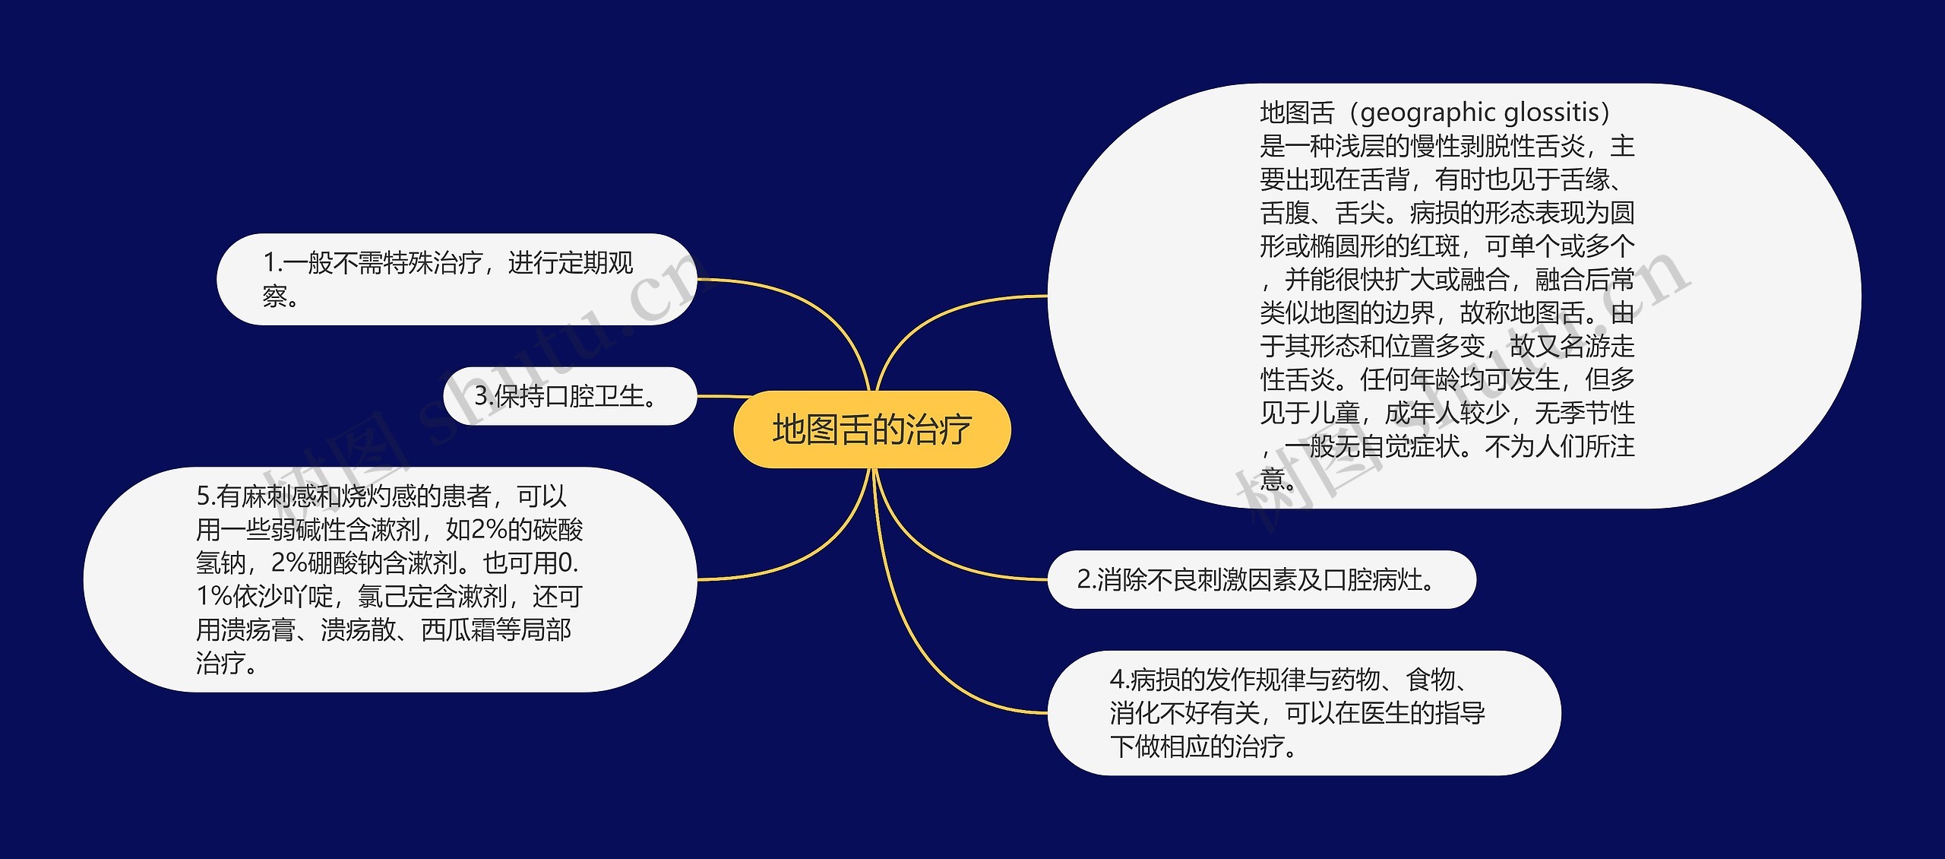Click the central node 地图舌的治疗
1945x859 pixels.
[871, 429]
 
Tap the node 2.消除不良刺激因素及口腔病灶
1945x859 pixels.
[1261, 580]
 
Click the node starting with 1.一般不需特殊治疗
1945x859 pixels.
[456, 279]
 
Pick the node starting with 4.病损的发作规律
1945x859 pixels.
[1303, 712]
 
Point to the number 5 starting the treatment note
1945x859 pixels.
[202, 496]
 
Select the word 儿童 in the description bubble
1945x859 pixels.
[1335, 413]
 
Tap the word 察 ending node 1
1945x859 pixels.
[274, 296]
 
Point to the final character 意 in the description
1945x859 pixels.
[1273, 480]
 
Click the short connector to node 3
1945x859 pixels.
[722, 396]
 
